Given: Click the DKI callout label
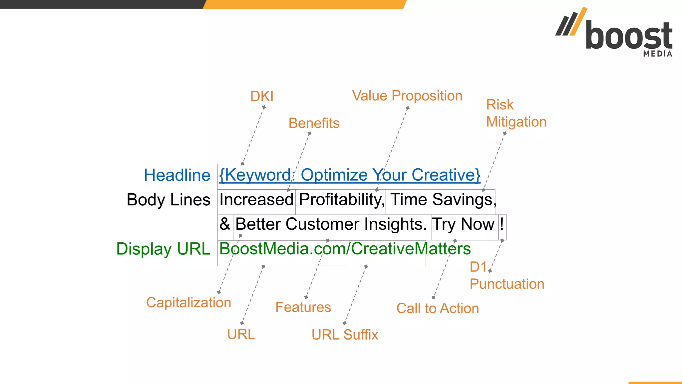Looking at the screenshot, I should (x=262, y=97).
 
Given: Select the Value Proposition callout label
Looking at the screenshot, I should (x=407, y=96).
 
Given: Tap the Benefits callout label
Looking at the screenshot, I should (x=314, y=123).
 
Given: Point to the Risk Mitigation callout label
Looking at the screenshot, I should (x=516, y=113).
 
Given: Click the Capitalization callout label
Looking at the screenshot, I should (x=188, y=303).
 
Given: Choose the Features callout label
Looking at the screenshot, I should (x=303, y=307).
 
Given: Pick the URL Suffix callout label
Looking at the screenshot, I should (x=345, y=335).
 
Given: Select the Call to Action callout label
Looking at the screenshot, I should (x=438, y=309).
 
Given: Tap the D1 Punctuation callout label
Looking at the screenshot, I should (x=507, y=276).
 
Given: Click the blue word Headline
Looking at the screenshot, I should (x=177, y=175).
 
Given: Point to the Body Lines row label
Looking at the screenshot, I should (x=169, y=200).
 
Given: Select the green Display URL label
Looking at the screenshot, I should (x=163, y=249).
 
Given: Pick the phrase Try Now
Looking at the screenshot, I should (x=463, y=224).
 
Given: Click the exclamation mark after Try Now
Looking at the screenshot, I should (x=502, y=224).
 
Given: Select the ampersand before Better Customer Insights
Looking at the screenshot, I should (x=225, y=224).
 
